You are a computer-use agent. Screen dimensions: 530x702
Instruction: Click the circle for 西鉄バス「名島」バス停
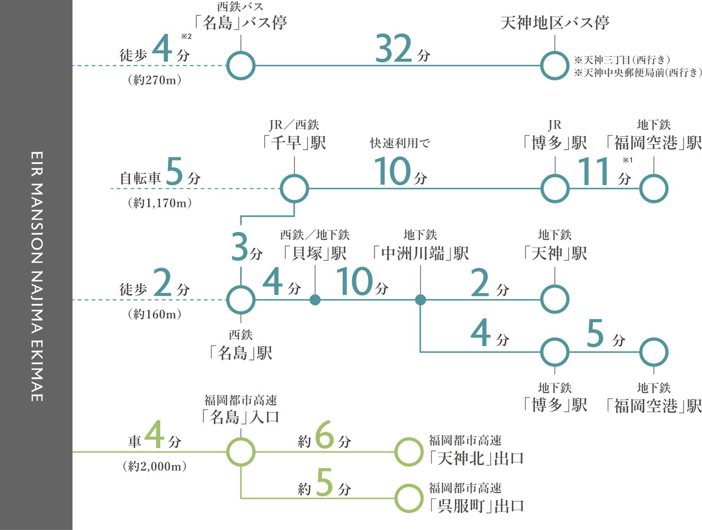241,66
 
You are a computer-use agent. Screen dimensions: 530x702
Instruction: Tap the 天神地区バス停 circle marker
554,66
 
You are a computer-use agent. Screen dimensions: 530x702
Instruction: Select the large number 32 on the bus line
394,49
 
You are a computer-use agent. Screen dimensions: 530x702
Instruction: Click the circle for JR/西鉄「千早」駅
295,189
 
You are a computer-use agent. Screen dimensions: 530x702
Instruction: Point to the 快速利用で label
400,144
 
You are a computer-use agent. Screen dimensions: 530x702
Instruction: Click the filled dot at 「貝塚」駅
315,300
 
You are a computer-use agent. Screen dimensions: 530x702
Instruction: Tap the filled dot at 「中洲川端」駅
420,300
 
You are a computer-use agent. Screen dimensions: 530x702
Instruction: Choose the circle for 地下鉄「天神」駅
554,300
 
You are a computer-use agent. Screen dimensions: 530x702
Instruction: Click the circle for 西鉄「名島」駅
241,300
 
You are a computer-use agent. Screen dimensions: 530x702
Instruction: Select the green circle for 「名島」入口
241,452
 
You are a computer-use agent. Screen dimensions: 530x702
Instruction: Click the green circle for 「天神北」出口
409,452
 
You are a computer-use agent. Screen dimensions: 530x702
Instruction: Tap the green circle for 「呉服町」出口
409,498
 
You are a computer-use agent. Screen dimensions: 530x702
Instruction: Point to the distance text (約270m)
155,80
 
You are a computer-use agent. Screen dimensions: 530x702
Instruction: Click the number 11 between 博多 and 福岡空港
593,172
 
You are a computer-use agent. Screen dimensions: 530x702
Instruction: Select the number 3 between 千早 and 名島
240,247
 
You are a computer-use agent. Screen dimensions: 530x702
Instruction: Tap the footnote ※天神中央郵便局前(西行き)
637,73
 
